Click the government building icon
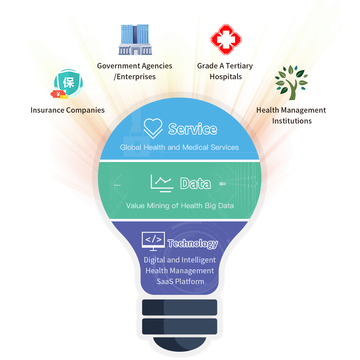pos(135,40)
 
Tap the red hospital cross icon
pos(226,39)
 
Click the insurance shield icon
pos(68,83)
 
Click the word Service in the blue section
pos(193,129)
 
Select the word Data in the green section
pos(195,184)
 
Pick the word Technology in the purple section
pos(193,244)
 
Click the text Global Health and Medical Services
pos(179,147)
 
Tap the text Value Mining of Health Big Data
pos(180,206)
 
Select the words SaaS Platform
pos(180,282)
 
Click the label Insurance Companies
pos(68,110)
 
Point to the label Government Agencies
pos(135,66)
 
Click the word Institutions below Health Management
pos(292,121)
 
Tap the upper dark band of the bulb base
pos(180,307)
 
